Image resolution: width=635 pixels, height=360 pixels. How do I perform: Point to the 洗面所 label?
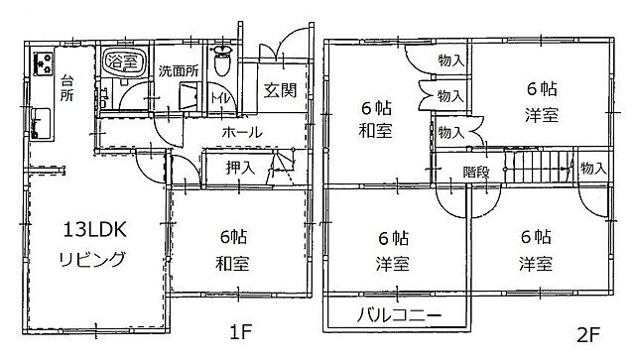tap(180, 70)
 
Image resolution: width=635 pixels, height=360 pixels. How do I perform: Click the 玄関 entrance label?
tap(279, 92)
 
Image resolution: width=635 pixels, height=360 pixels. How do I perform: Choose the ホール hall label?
tap(241, 132)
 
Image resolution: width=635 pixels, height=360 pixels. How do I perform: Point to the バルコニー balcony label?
tap(396, 317)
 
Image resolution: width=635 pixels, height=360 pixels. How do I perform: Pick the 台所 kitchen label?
tap(66, 88)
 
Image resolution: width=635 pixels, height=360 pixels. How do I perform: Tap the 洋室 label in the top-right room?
tap(541, 114)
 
